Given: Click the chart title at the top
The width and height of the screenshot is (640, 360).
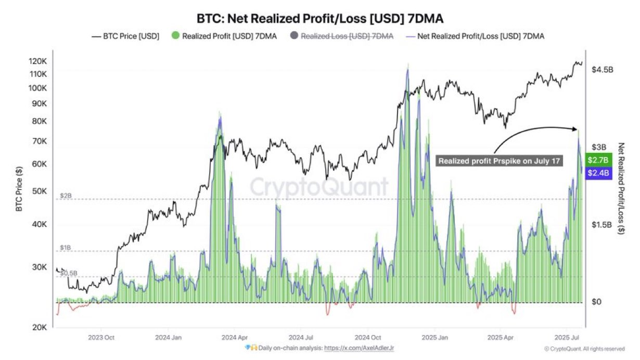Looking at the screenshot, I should pyautogui.click(x=319, y=19).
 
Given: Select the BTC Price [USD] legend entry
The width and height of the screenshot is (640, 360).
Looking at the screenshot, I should pyautogui.click(x=125, y=36).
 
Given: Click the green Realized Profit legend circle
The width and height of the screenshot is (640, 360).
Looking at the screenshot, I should pyautogui.click(x=175, y=36).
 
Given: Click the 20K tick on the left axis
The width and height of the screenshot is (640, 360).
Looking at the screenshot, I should pyautogui.click(x=41, y=328).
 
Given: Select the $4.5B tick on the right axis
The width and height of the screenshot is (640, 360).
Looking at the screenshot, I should pyautogui.click(x=603, y=70).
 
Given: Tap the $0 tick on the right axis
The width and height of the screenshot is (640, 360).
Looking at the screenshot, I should pyautogui.click(x=598, y=302).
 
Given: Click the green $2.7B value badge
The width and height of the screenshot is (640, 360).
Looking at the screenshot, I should pyautogui.click(x=598, y=160).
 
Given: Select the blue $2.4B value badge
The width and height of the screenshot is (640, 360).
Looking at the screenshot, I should pyautogui.click(x=598, y=173).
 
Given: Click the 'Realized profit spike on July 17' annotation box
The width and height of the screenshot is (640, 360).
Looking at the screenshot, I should pyautogui.click(x=499, y=161).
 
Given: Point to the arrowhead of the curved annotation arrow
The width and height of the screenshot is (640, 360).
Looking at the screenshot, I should pyautogui.click(x=575, y=128).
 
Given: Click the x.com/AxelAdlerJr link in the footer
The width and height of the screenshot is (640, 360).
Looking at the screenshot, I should pyautogui.click(x=362, y=348).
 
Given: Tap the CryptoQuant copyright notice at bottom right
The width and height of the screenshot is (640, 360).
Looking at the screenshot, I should pyautogui.click(x=584, y=349).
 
